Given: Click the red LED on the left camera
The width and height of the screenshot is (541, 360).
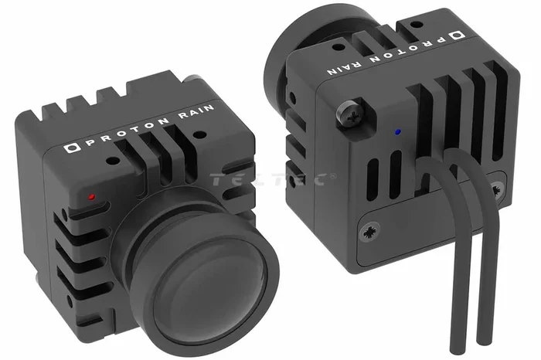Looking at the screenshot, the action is (x=92, y=198).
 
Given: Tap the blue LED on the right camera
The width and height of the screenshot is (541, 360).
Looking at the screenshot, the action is (x=399, y=132).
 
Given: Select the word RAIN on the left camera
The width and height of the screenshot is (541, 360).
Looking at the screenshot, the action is (x=196, y=113).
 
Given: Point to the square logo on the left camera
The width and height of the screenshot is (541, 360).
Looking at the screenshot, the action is (x=72, y=148).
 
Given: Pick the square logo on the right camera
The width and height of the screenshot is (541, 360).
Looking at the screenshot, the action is (x=458, y=36).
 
